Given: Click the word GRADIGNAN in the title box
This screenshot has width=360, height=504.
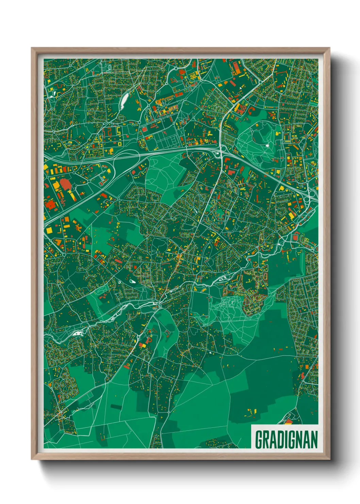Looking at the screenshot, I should tap(286, 440).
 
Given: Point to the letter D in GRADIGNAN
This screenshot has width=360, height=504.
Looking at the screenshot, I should tap(279, 440).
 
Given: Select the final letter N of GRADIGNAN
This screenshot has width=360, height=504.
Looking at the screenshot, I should tap(314, 440).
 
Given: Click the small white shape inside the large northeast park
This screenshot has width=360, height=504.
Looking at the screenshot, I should tap(267, 145).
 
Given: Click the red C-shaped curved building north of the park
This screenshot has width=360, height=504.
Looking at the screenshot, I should tap(252, 110).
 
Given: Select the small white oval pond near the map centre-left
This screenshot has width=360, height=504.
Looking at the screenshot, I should tap(132, 281).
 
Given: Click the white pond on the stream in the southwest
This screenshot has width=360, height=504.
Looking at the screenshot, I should tap(78, 333).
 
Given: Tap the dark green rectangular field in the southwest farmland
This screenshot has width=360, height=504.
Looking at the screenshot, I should tap(116, 407).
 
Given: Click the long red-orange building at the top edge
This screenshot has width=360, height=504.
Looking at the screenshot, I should tap(236, 68).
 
